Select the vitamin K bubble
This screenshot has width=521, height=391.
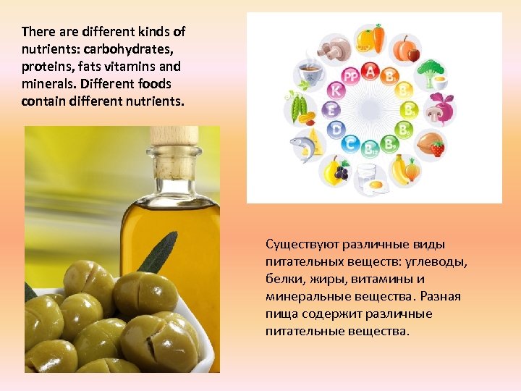(335, 91)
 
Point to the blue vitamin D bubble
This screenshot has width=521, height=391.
(335, 130)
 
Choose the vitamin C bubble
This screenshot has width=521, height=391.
(351, 143)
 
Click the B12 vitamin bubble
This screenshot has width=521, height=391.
(370, 149)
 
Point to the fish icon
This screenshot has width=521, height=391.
(303, 145)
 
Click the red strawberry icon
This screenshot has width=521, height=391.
(438, 148)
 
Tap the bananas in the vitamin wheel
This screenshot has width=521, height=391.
(400, 169)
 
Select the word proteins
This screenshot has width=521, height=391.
(46, 67)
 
